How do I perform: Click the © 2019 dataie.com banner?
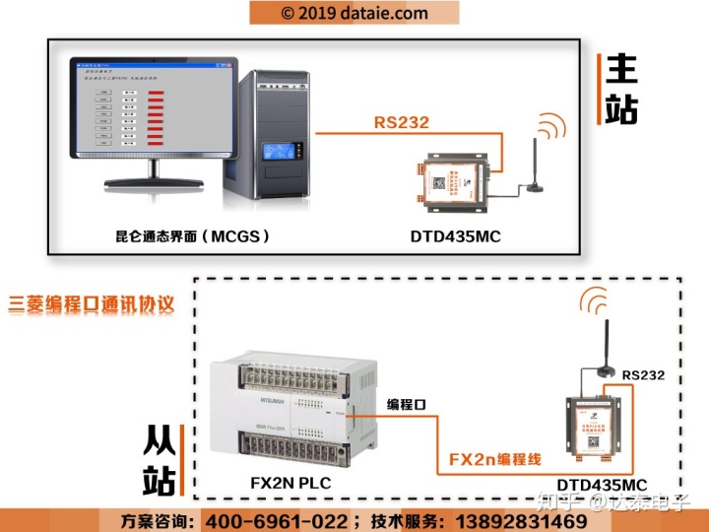click(354, 13)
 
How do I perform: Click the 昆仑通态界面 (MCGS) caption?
click(193, 236)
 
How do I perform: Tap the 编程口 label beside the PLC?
click(407, 405)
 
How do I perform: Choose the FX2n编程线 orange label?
click(493, 460)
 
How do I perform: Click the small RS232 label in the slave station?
click(643, 374)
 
